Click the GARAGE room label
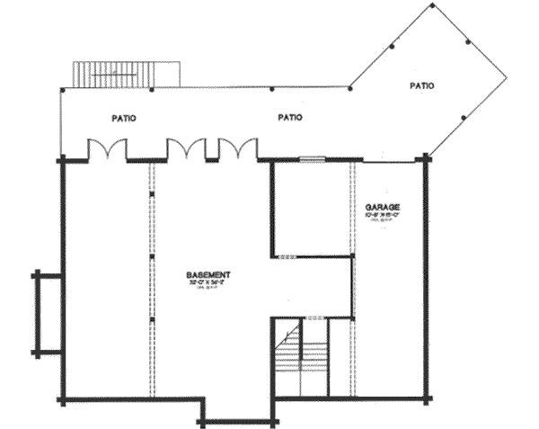pyautogui.click(x=383, y=207)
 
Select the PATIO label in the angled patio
pyautogui.click(x=422, y=86)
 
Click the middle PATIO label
pyautogui.click(x=289, y=117)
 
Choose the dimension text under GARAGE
pyautogui.click(x=383, y=216)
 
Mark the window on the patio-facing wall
pyautogui.click(x=311, y=160)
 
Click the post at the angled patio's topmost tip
pyautogui.click(x=432, y=6)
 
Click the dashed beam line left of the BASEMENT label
pyautogui.click(x=151, y=279)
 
